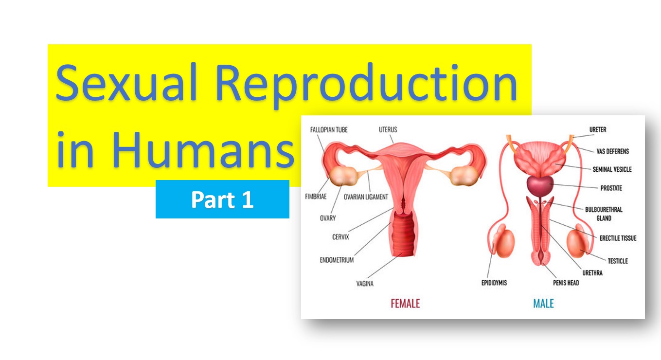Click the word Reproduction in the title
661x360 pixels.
366,84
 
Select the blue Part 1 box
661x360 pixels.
222,199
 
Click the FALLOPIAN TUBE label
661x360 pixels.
329,130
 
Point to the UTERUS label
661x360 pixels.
388,130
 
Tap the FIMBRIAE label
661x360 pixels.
316,197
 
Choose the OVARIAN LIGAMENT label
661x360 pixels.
366,197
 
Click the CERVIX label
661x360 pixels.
340,237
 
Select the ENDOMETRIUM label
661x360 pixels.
337,260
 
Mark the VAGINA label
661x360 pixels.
365,284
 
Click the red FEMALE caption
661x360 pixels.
405,304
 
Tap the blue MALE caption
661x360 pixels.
543,304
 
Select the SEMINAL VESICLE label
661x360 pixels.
612,170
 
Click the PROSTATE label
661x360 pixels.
611,188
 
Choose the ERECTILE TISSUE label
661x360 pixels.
618,238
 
